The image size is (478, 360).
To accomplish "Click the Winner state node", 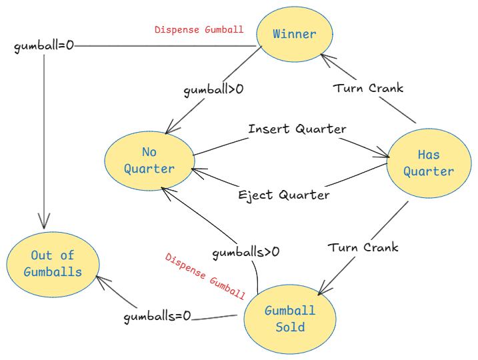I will click(x=294, y=34).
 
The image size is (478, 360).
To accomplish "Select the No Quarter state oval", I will click(x=149, y=161).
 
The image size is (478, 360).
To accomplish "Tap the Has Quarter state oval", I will click(x=429, y=163).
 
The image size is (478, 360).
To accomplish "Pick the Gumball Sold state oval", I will click(x=290, y=319).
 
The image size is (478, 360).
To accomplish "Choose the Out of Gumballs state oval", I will click(x=53, y=263).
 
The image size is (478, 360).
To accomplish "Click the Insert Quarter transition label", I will click(x=297, y=129).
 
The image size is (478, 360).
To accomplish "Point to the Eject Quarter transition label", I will click(x=284, y=195).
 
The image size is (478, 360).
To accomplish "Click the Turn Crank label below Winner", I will click(x=369, y=87).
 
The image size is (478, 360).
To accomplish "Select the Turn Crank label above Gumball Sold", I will click(x=363, y=247).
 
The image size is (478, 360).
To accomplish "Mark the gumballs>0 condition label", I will click(x=245, y=252).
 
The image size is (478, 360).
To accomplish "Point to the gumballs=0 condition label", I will click(x=157, y=317).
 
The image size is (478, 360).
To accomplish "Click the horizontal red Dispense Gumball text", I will click(x=199, y=30).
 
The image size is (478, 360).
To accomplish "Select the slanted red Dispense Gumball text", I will click(x=205, y=276).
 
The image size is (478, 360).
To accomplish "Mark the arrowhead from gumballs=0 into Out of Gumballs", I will click(x=101, y=280).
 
